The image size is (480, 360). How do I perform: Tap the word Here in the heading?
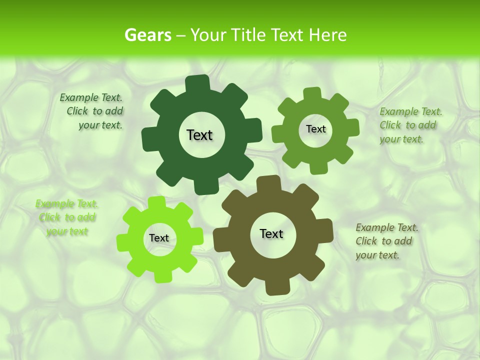[327, 35]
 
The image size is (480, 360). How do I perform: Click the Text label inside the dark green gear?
[199, 135]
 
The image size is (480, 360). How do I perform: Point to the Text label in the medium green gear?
[315, 129]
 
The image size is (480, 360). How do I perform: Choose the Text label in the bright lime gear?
[159, 238]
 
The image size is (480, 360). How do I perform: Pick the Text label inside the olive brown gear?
[271, 233]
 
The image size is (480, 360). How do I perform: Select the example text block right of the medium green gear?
[410, 125]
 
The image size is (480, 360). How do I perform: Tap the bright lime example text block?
[67, 217]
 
